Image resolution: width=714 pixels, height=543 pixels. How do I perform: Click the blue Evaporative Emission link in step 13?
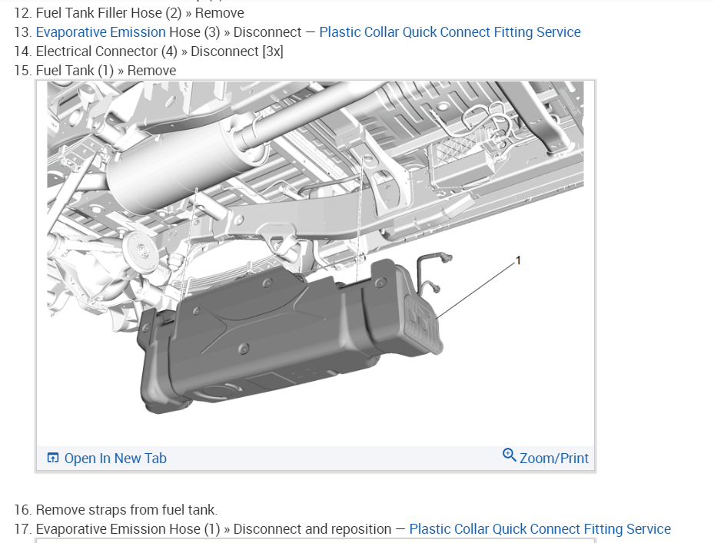(x=101, y=32)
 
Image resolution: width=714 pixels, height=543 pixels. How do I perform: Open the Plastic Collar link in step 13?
(x=450, y=32)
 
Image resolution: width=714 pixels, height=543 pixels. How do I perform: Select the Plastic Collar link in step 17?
(x=540, y=529)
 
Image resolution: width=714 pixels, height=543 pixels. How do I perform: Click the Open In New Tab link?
(x=115, y=459)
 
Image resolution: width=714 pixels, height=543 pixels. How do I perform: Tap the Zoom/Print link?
(x=554, y=459)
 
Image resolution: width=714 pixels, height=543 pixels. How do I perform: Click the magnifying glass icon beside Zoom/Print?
(x=509, y=455)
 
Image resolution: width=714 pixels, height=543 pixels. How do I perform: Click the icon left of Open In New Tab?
(x=53, y=458)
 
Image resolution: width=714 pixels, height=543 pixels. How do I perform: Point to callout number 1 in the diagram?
(x=518, y=260)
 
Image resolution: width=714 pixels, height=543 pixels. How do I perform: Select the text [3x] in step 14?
(x=273, y=51)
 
